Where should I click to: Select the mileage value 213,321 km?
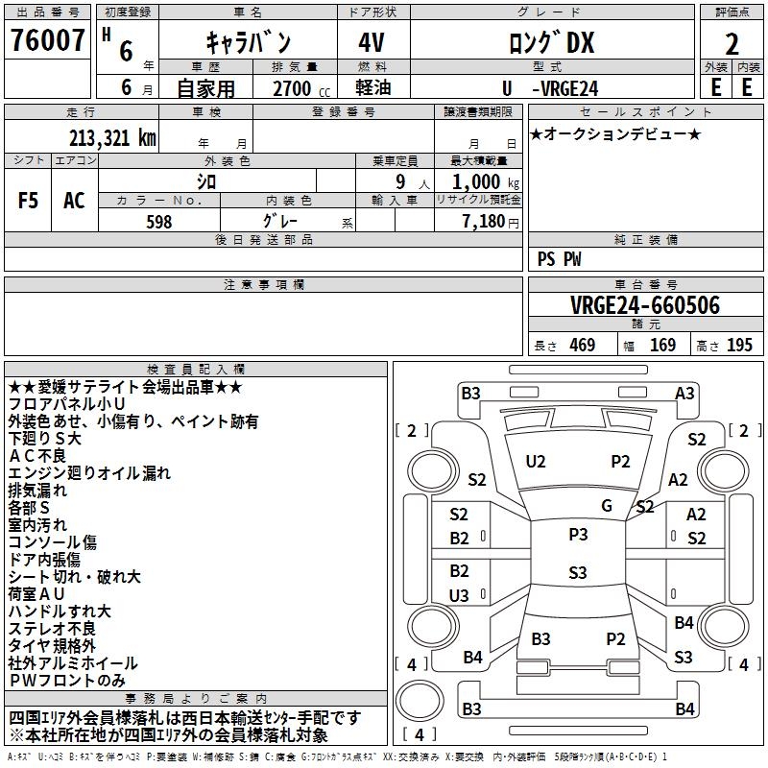point(111,137)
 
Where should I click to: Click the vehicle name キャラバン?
point(249,43)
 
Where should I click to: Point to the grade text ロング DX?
point(551,43)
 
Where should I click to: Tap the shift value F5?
point(29,201)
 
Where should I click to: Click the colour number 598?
point(159,222)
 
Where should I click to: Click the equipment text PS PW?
point(560,259)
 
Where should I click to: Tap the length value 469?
point(579,346)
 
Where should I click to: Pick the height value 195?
point(739,346)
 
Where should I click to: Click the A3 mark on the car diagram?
point(684,393)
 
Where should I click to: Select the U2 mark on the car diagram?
point(536,462)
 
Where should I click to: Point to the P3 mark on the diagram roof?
point(578,535)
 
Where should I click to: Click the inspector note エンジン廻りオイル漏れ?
point(89,472)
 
